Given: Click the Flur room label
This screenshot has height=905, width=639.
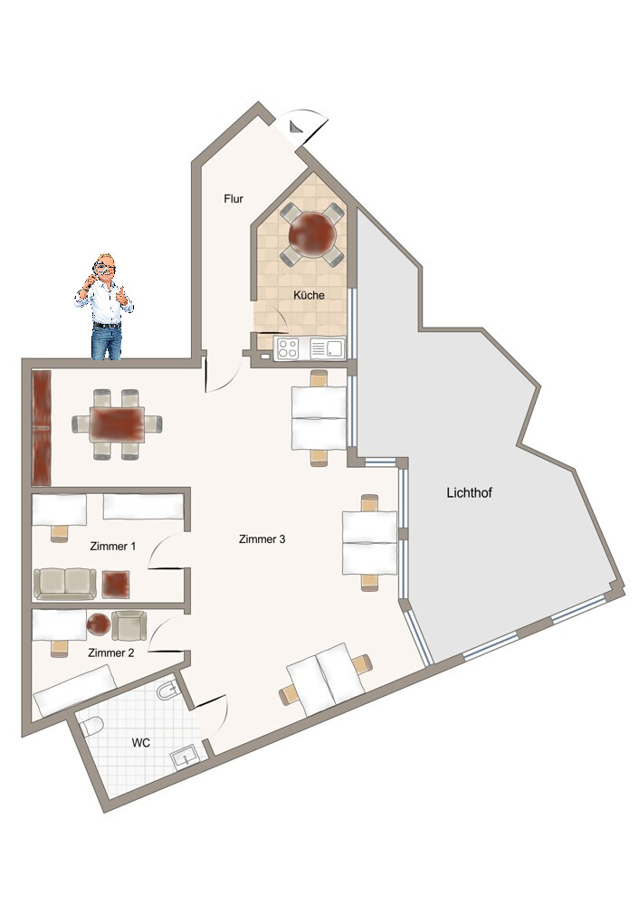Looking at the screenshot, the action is [x=234, y=198].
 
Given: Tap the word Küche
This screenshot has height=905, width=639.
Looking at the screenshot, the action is [x=309, y=295].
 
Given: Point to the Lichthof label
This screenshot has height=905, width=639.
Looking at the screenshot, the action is [x=469, y=493].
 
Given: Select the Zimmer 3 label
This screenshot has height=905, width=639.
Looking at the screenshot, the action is [x=262, y=539].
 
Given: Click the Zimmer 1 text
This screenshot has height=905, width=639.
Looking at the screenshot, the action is [x=112, y=546].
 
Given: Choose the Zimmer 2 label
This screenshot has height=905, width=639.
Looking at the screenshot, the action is [x=110, y=653].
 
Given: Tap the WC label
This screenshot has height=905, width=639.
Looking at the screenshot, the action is [x=141, y=743].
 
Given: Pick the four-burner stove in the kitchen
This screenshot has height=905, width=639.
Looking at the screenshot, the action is [x=288, y=348].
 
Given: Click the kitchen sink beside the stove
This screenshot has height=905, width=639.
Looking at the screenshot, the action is [x=327, y=348].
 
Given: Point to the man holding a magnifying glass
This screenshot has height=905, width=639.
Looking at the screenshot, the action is [x=104, y=307].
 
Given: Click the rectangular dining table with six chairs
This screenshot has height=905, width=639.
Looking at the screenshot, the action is [x=117, y=425].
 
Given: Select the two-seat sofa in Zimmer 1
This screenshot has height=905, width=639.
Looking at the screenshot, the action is [x=64, y=584].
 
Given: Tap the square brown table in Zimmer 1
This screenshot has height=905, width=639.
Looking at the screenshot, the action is [x=116, y=584].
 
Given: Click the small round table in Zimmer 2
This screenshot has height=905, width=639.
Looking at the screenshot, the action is [x=99, y=624].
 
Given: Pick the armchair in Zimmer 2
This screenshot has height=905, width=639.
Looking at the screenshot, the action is [x=129, y=625].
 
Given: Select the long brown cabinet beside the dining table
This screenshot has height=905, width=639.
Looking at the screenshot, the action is [x=42, y=428].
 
